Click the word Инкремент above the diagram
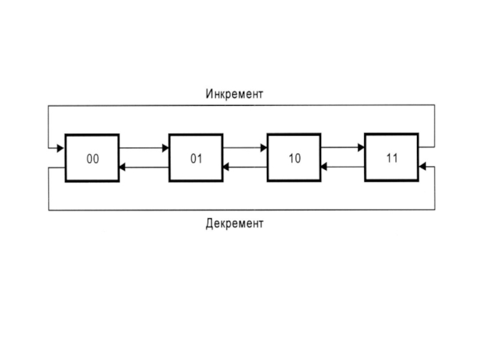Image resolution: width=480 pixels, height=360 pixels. [x=235, y=94]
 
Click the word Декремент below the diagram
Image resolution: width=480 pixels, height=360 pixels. [x=235, y=224]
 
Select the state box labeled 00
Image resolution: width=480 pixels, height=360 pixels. [x=92, y=158]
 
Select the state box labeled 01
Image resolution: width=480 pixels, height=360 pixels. [x=196, y=158]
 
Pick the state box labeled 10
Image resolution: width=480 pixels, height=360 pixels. [x=294, y=158]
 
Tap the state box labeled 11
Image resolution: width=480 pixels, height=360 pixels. [x=392, y=158]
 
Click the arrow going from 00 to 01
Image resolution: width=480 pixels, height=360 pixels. [x=144, y=148]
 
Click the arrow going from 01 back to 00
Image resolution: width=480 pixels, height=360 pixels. [x=144, y=167]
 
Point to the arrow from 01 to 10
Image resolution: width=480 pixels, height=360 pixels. [x=245, y=148]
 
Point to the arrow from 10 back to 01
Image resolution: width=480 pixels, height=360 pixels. [x=245, y=167]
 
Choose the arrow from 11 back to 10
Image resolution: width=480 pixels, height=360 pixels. [x=343, y=167]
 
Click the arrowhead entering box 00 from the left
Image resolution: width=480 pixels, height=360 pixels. [x=60, y=148]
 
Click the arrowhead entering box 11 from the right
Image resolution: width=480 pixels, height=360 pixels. [x=422, y=167]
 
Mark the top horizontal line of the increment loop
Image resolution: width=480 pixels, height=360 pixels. [x=240, y=106]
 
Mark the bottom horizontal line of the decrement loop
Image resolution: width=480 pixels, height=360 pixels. [x=240, y=210]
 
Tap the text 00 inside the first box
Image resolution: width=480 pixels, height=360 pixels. [x=92, y=159]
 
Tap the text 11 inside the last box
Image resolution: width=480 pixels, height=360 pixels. [x=392, y=158]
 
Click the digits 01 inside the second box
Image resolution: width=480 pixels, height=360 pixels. [x=196, y=159]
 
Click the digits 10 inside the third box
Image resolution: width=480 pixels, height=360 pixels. [x=294, y=159]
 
